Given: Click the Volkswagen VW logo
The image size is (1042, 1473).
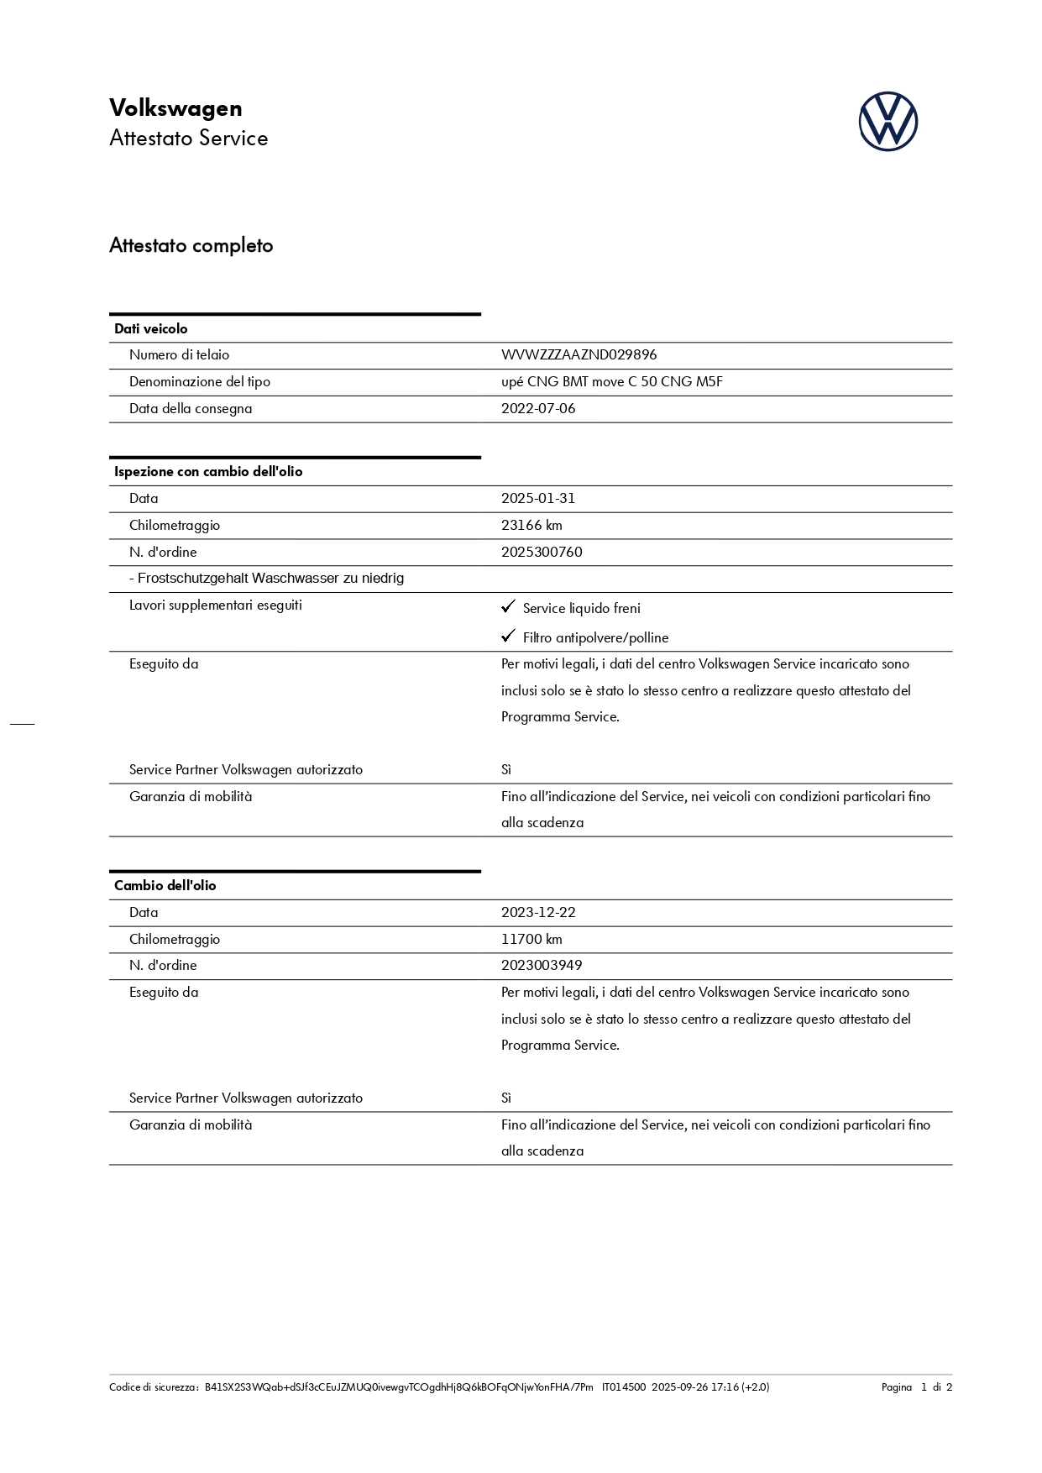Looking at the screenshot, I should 888,122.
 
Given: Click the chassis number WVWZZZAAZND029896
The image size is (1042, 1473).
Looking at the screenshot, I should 579,355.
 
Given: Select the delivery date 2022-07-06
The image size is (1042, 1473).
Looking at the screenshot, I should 538,409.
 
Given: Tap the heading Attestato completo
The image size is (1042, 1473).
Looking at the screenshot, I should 191,245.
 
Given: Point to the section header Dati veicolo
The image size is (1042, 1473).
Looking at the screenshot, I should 151,329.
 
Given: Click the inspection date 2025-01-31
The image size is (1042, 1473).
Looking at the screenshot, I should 538,499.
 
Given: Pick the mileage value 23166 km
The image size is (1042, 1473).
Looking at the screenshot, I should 531,526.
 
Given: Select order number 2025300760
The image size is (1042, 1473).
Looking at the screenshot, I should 542,553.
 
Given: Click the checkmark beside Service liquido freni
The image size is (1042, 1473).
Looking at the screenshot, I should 508,606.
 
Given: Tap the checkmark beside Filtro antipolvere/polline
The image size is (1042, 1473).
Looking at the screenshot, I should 508,636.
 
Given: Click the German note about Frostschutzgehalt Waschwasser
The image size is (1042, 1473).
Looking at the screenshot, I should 266,579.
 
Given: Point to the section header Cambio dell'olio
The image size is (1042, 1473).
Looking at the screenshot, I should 165,886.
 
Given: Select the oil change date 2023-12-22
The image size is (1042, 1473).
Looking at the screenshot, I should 538,913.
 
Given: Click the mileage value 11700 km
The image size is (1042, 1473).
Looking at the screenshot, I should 531,940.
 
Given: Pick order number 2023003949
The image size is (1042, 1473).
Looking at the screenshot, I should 542,966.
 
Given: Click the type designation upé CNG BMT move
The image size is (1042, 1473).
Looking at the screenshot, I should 611,382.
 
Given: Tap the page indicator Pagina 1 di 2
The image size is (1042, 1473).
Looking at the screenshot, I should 916,1387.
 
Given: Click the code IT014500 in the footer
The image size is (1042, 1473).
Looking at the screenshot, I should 624,1387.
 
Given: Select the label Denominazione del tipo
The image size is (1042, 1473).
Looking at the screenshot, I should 200,382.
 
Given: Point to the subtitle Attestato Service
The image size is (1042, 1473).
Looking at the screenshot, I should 189,139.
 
